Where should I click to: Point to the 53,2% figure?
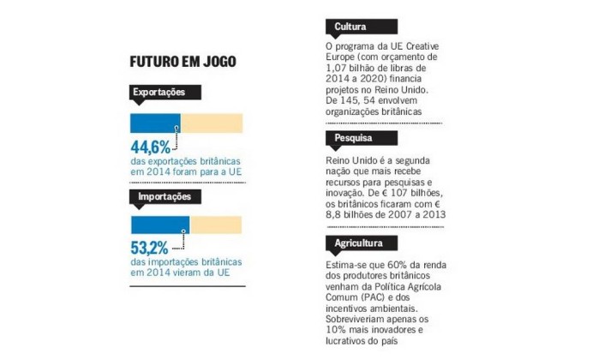tap(149, 249)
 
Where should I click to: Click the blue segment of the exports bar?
tap(154, 122)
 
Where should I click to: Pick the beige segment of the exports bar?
tap(211, 122)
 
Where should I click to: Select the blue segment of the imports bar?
tap(159, 225)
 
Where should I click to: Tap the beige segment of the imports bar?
tap(215, 225)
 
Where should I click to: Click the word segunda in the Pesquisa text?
tap(417, 162)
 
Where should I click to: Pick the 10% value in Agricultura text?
tap(338, 331)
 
